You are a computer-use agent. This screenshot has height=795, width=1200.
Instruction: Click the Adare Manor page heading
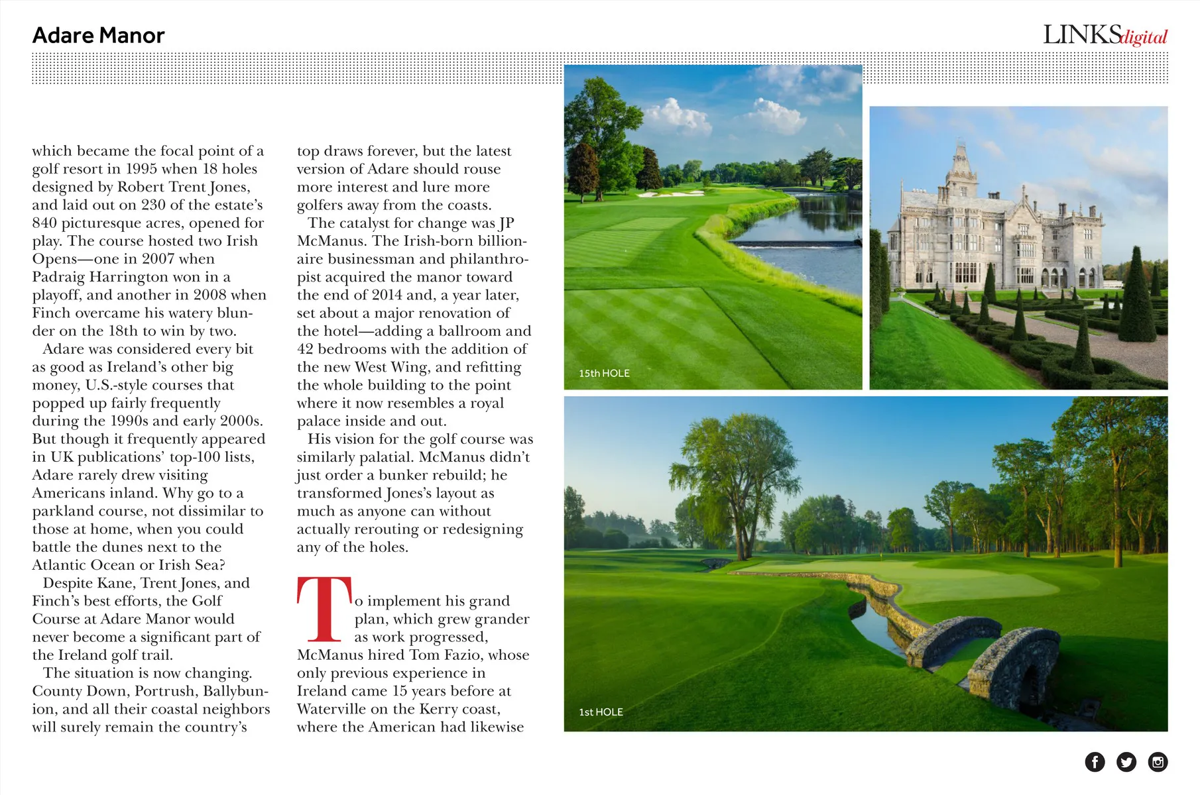coord(98,35)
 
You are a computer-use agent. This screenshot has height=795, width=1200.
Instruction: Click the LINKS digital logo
coord(1105,35)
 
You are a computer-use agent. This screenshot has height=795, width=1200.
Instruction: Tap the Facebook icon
coord(1095,762)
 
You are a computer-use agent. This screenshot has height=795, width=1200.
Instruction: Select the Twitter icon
coord(1126,762)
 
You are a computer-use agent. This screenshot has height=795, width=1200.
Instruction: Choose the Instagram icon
coord(1158,762)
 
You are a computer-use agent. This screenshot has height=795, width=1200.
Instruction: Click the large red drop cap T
coord(324,609)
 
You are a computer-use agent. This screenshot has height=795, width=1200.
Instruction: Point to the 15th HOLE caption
coord(604,373)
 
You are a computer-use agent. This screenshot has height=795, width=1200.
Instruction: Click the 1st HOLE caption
coord(601,712)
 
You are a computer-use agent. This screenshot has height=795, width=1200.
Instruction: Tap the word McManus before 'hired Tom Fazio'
coord(329,655)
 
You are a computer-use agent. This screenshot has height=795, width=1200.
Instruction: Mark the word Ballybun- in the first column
coord(235,691)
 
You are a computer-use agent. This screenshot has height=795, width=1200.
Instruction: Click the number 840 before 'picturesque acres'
coord(44,223)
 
